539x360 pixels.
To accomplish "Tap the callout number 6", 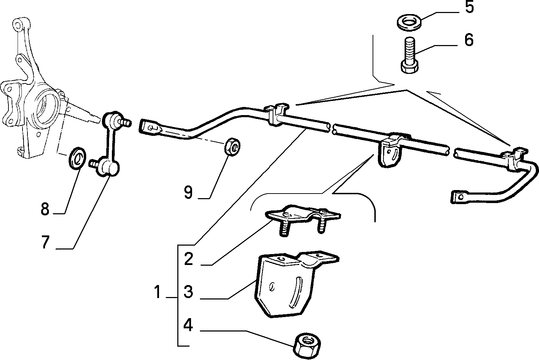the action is tap(469, 40).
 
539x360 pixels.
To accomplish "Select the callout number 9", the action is tap(188, 192).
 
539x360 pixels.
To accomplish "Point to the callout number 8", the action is tap(45, 209).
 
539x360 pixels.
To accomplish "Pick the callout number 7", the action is tap(45, 242).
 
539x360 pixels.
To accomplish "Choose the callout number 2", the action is tap(189, 259).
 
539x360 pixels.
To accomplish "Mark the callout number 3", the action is tap(189, 292).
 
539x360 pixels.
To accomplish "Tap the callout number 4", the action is tap(188, 325).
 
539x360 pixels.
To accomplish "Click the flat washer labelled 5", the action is tap(409, 23).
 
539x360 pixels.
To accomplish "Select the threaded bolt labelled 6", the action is tap(409, 55).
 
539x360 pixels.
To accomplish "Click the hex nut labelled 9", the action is tap(232, 146).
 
